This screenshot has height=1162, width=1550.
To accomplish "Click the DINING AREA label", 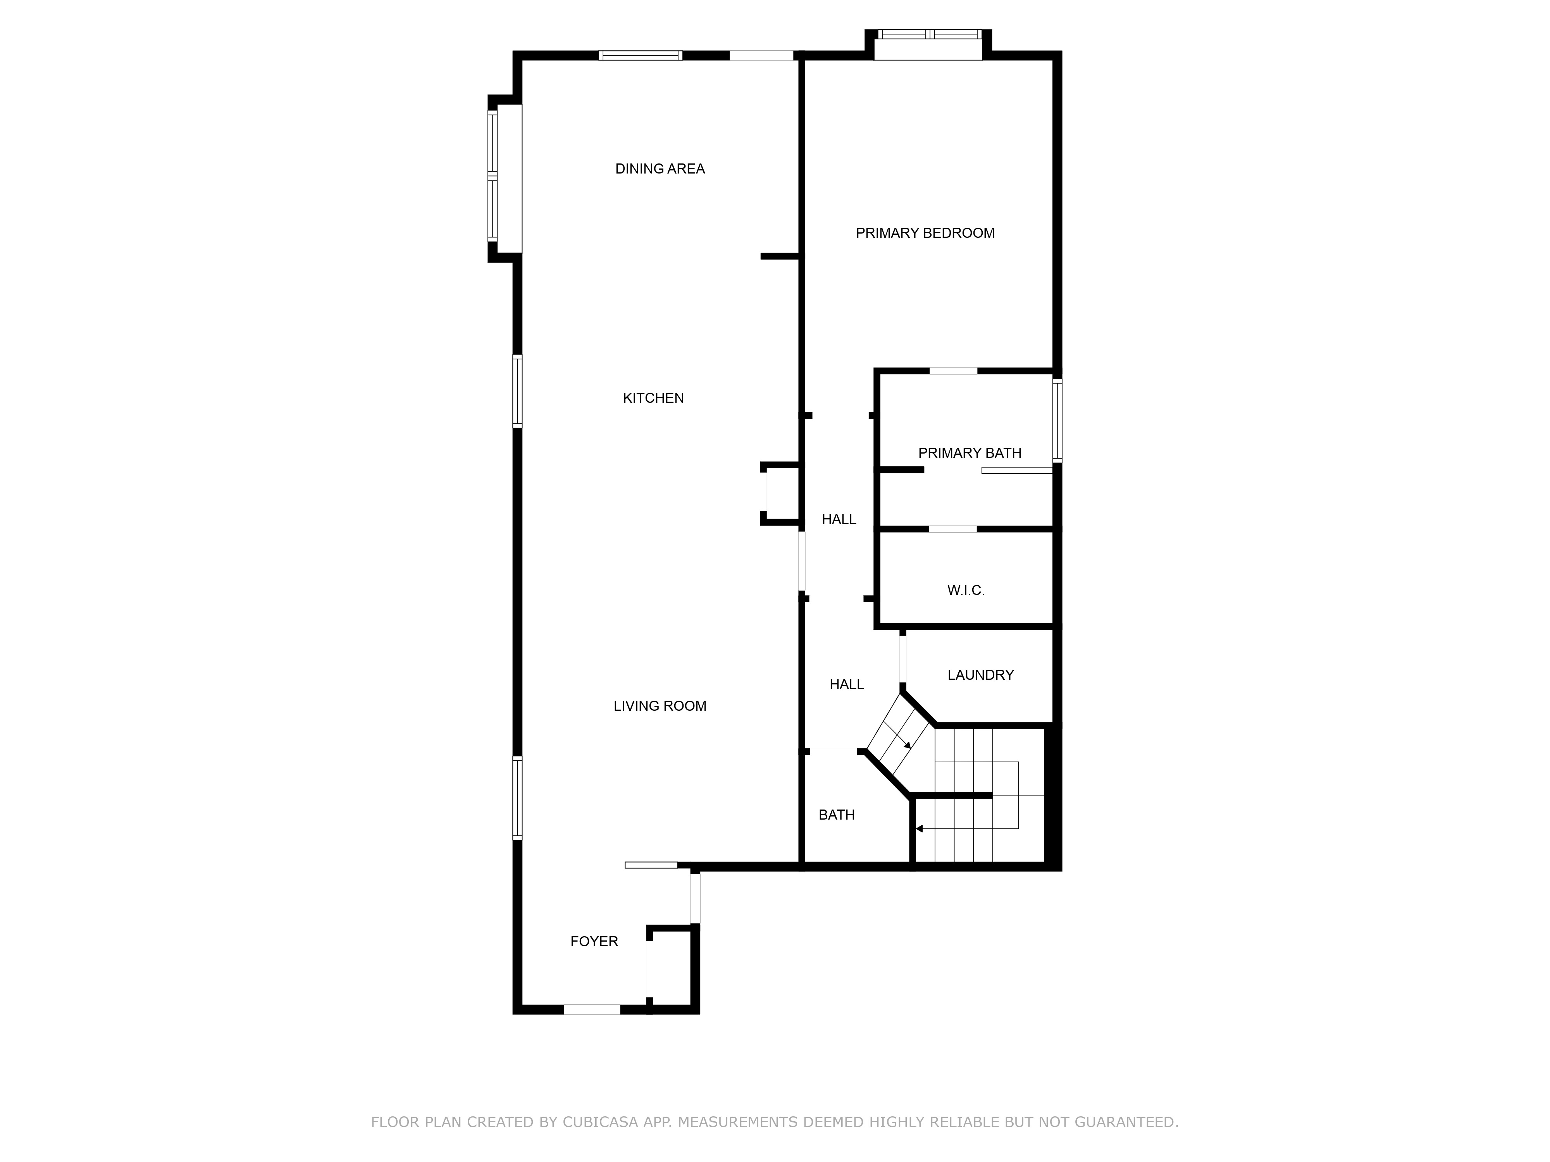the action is pos(660,169).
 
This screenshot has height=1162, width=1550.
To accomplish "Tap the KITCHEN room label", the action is pos(653,398).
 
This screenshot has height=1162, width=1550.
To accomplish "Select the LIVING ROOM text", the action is pos(660,706).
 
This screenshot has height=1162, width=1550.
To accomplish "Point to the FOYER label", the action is pos(594,941).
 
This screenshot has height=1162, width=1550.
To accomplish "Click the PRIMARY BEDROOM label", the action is pos(925,233).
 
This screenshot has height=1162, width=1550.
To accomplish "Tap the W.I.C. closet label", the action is pos(966,590).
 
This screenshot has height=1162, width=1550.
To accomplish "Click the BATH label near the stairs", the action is pos(837,815).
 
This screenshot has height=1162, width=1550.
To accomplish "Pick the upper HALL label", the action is pos(839,519).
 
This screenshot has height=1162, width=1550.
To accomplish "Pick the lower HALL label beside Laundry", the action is pos(846,684).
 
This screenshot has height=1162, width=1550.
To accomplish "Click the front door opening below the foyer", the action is pos(592,1009).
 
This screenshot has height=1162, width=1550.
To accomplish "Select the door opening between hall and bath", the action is pos(833,751).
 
